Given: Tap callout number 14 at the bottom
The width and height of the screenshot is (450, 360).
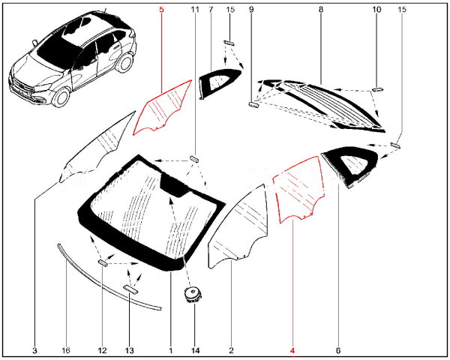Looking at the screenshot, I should point(194,350).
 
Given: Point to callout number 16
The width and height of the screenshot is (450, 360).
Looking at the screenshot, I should point(66,350).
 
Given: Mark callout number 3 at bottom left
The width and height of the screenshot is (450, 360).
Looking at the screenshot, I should point(34,350).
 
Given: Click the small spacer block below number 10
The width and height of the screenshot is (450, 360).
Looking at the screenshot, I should point(377,89).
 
